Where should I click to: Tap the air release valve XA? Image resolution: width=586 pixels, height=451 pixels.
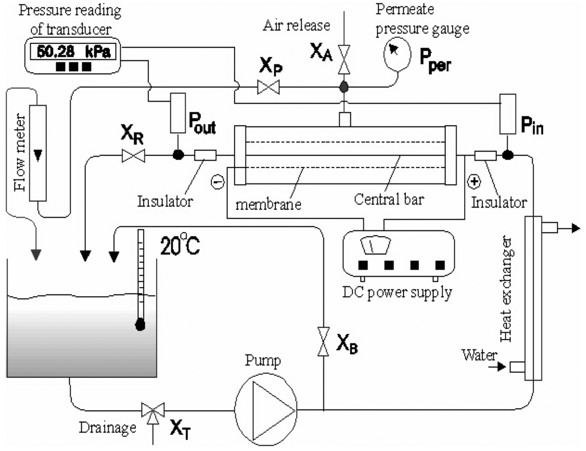344,60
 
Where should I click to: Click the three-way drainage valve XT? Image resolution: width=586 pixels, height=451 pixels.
152,410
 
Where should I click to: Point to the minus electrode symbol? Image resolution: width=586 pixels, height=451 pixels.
217,182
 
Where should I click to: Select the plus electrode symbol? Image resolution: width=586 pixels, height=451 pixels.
474,182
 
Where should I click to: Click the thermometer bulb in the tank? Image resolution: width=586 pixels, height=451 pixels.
138,325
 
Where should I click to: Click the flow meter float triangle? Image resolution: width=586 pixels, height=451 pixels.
38,154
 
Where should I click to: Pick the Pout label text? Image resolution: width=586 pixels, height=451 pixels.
202,127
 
